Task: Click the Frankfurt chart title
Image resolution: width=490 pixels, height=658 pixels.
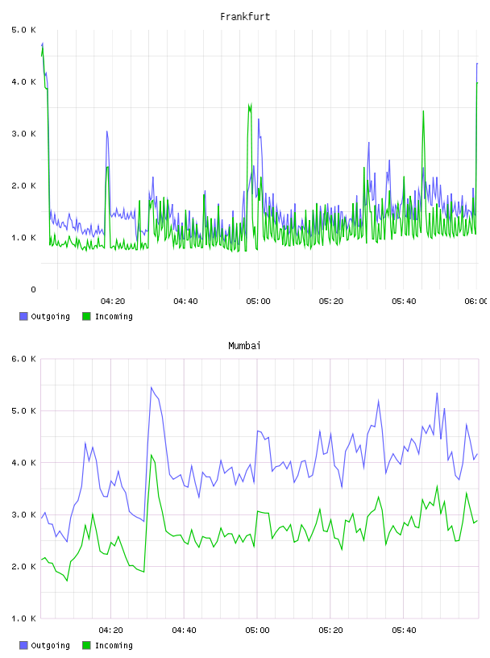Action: [x=245, y=17]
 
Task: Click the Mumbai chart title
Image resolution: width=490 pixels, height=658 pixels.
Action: [x=244, y=346]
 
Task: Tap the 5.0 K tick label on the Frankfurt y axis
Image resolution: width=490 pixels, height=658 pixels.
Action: [x=23, y=30]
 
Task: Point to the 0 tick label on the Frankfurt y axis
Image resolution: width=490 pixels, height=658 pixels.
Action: [x=33, y=289]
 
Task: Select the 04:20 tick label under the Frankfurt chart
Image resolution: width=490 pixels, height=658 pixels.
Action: [x=113, y=302]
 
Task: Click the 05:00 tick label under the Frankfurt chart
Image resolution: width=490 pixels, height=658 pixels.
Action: [x=258, y=302]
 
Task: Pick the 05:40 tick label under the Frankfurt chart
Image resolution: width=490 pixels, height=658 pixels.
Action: [x=404, y=302]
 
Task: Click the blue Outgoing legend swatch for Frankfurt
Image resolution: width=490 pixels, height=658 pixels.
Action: [x=23, y=316]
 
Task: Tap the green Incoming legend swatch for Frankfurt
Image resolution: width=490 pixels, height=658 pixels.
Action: [x=86, y=316]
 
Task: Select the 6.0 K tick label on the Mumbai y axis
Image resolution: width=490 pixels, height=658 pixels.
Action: [x=23, y=359]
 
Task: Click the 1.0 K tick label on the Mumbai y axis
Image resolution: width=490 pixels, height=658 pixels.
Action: [x=23, y=618]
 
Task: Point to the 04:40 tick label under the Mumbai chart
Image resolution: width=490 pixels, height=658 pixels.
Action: [x=185, y=631]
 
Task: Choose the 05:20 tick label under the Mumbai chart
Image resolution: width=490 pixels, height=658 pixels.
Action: [x=330, y=631]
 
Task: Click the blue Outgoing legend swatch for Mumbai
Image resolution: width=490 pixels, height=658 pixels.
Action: [x=23, y=645]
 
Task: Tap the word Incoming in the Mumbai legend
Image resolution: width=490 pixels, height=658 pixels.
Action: [x=114, y=646]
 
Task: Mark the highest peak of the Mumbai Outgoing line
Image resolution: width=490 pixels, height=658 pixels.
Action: [x=152, y=387]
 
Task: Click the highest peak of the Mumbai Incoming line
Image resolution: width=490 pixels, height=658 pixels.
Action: [x=152, y=455]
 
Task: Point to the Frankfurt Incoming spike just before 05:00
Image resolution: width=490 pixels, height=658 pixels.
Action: [x=250, y=105]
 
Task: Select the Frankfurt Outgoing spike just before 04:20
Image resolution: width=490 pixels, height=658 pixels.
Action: [x=107, y=131]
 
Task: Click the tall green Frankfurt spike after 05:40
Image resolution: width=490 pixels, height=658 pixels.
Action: [x=423, y=111]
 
